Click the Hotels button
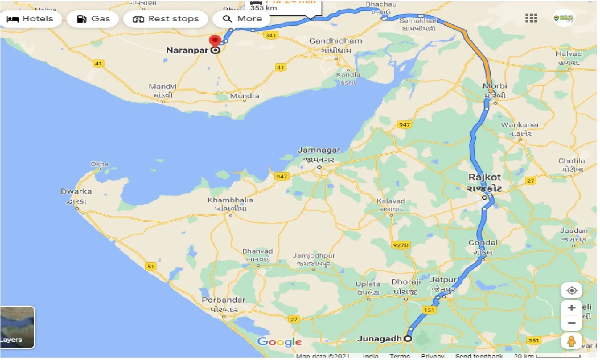pyautogui.click(x=30, y=19)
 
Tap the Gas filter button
pyautogui.click(x=93, y=19)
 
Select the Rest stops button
pyautogui.click(x=166, y=19)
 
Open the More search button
pyautogui.click(x=242, y=19)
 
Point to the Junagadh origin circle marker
pyautogui.click(x=408, y=338)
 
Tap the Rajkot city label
pyautogui.click(x=485, y=177)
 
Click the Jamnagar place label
pyautogui.click(x=319, y=150)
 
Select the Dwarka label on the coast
pyautogui.click(x=76, y=191)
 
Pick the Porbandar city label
pyautogui.click(x=224, y=300)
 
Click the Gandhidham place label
pyautogui.click(x=336, y=41)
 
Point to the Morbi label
pyautogui.click(x=495, y=86)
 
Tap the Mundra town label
pyautogui.click(x=245, y=96)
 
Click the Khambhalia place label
pyautogui.click(x=230, y=200)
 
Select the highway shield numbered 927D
pyautogui.click(x=401, y=245)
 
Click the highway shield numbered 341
pyautogui.click(x=270, y=35)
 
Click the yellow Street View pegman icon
pyautogui.click(x=571, y=341)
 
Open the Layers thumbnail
pyautogui.click(x=17, y=327)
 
